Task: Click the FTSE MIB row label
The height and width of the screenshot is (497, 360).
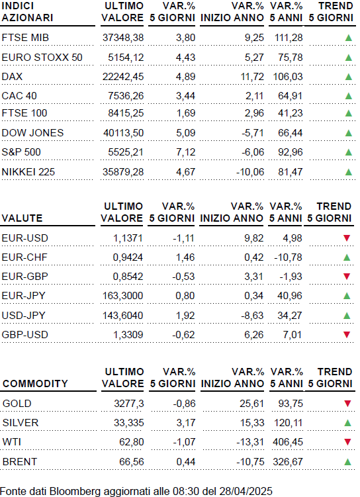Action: tap(25, 38)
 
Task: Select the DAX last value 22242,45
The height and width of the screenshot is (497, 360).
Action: tap(123, 77)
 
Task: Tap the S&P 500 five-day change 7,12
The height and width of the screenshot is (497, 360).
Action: tap(186, 152)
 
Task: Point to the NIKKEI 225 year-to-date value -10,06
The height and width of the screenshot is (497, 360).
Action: tap(250, 172)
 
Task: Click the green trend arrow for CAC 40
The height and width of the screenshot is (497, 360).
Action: tap(349, 96)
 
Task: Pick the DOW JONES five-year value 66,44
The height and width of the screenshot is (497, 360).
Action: tap(291, 133)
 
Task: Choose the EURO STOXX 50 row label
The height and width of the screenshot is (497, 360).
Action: tap(42, 58)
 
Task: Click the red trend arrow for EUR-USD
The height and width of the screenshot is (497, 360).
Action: tap(347, 238)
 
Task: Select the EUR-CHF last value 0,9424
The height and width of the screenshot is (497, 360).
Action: tap(128, 257)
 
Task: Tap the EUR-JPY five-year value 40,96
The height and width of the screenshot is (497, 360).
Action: tap(290, 296)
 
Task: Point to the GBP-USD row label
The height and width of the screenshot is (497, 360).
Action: tap(24, 335)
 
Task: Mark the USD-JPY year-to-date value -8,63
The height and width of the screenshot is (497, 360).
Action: tap(250, 316)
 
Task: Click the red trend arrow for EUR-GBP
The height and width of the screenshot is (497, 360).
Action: tap(347, 277)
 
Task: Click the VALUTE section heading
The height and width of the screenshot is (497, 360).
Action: tap(22, 218)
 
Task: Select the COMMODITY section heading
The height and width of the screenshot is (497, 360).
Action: tap(35, 384)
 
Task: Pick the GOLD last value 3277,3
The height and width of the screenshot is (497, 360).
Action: tap(129, 404)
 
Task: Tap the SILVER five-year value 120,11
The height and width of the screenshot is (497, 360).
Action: tap(288, 423)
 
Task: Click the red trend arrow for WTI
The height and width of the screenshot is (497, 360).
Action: tap(347, 442)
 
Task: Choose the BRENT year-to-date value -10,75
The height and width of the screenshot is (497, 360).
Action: tap(250, 462)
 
